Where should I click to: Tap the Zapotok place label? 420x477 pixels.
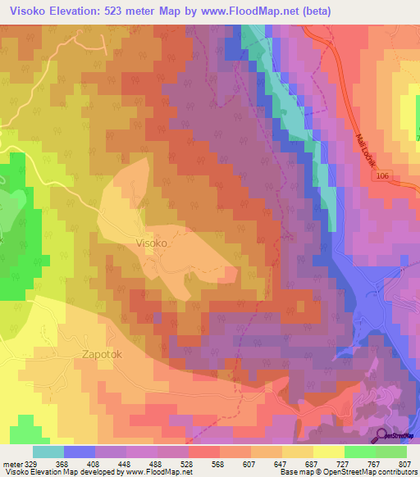pyautogui.click(x=103, y=355)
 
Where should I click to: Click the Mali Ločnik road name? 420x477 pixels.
pyautogui.click(x=367, y=151)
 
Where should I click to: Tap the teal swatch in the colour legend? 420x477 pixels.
pyautogui.click(x=48, y=452)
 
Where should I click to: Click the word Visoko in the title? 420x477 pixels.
pyautogui.click(x=25, y=11)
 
